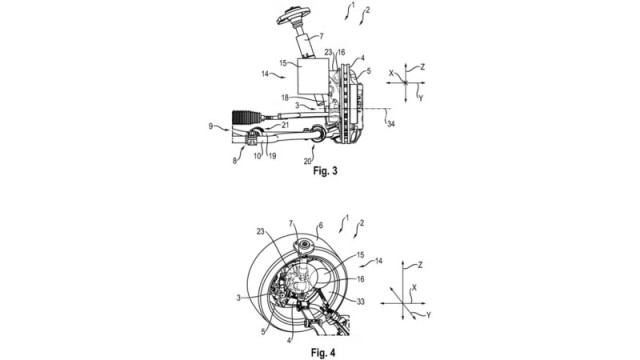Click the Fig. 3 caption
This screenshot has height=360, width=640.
point(325,171)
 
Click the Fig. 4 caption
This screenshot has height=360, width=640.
point(323,352)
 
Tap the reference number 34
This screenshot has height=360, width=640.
point(391,123)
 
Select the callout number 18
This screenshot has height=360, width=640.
point(285,98)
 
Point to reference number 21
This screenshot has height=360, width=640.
point(285,125)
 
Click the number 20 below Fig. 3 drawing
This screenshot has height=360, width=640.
point(308,161)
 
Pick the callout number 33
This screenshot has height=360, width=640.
point(360,302)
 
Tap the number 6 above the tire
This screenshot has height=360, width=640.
point(321,225)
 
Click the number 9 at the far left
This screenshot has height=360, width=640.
point(211,126)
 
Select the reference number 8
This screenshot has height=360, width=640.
point(235,161)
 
